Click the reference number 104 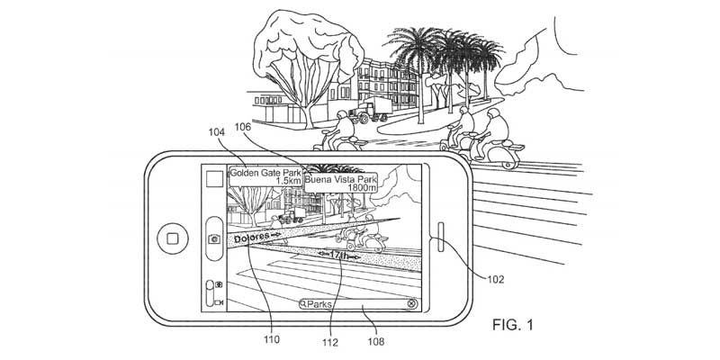pyautogui.click(x=217, y=132)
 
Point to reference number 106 pyautogui.click(x=244, y=126)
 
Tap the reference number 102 pyautogui.click(x=496, y=279)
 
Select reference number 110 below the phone pyautogui.click(x=272, y=340)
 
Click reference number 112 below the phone pyautogui.click(x=330, y=342)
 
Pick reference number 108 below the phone pyautogui.click(x=376, y=342)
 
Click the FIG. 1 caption pyautogui.click(x=513, y=325)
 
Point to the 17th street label pyautogui.click(x=340, y=256)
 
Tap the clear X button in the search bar pyautogui.click(x=412, y=303)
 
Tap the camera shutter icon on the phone pyautogui.click(x=214, y=238)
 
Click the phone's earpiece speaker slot pyautogui.click(x=441, y=237)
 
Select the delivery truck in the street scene pyautogui.click(x=370, y=111)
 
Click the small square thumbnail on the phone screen pyautogui.click(x=214, y=178)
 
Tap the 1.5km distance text pyautogui.click(x=288, y=182)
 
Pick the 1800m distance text pyautogui.click(x=362, y=188)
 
